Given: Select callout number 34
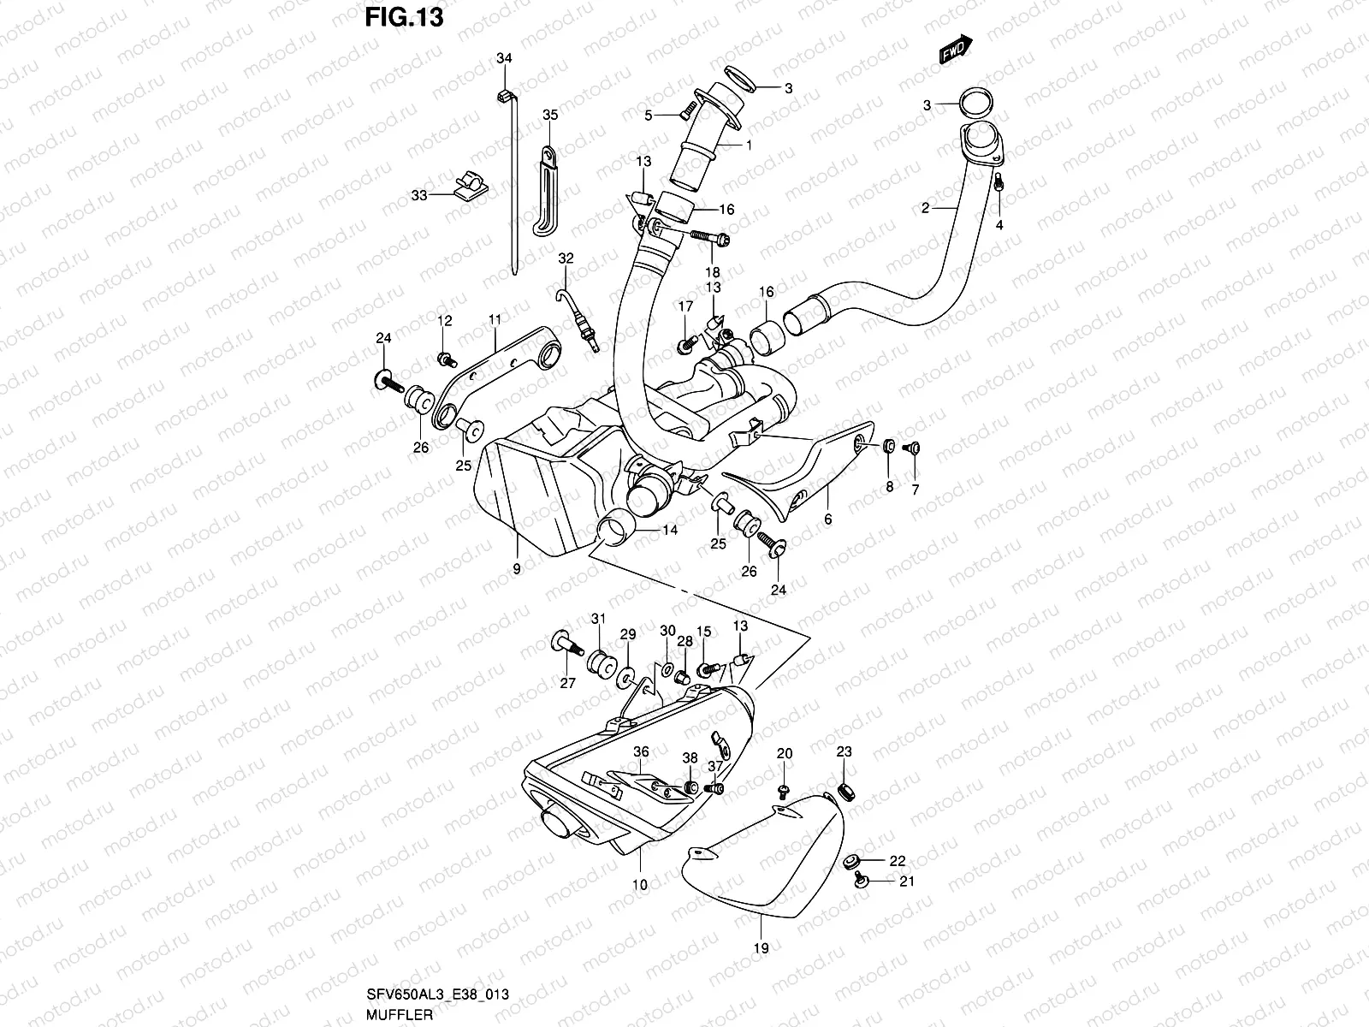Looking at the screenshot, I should point(504,58).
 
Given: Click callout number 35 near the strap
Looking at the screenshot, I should point(550,115).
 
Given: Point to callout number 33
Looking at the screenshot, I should point(418,195).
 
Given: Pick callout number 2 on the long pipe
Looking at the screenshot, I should point(925,208).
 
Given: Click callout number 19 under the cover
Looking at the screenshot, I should point(762,948).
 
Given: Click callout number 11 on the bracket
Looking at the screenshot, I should point(495,319).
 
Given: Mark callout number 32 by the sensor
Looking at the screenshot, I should point(565,258).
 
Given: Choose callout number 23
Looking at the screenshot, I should point(845,752).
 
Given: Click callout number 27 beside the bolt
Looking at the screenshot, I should point(568,683).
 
